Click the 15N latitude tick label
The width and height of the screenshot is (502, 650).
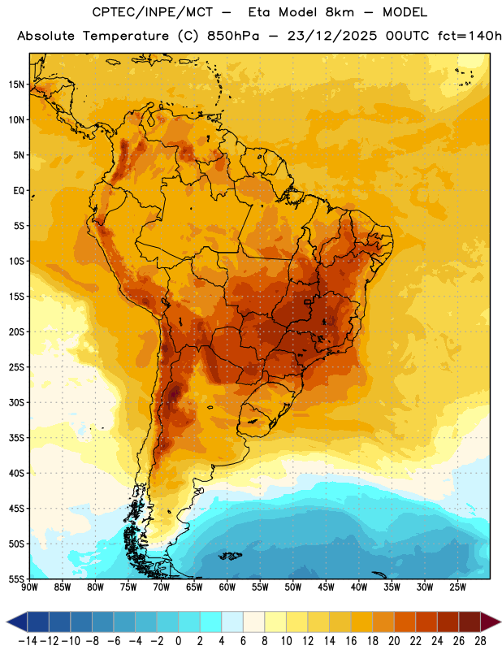tap(16, 84)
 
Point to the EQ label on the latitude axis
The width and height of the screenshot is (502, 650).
tap(19, 191)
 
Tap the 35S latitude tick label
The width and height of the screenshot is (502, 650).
tap(17, 438)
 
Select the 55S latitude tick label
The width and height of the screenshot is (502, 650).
tap(17, 579)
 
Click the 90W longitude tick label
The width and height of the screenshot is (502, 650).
tap(29, 587)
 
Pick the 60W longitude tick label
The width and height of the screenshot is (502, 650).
tap(227, 587)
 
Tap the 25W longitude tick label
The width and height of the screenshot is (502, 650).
tap(457, 587)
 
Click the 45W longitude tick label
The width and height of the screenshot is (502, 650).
tap(326, 587)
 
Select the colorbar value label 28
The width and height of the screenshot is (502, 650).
tap(480, 641)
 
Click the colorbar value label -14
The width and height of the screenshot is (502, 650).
tap(28, 641)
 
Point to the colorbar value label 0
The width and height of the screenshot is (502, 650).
tap(178, 641)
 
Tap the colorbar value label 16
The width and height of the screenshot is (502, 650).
tap(351, 641)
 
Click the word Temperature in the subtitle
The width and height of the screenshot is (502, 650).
tap(126, 36)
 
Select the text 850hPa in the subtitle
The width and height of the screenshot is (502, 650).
tap(233, 36)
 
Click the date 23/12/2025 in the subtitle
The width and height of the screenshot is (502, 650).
tap(332, 36)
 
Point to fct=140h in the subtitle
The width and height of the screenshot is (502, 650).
tap(470, 36)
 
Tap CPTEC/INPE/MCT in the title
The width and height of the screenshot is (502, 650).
tap(152, 12)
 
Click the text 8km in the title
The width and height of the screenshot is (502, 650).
tap(340, 12)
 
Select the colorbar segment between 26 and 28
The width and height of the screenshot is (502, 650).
tap(470, 622)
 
